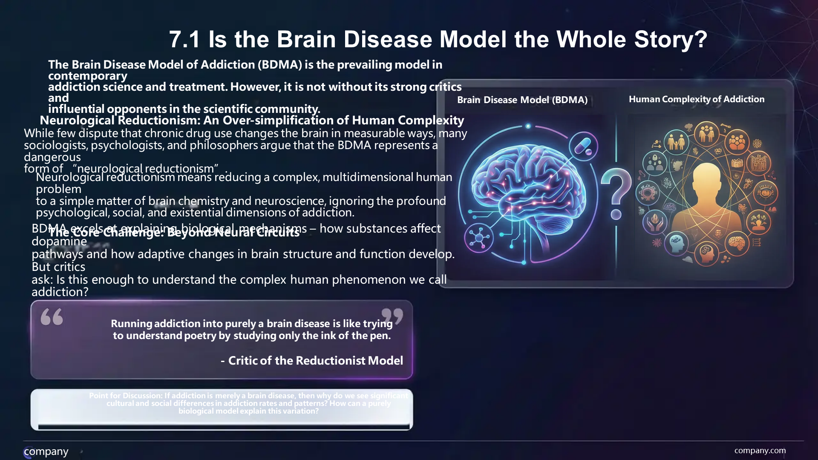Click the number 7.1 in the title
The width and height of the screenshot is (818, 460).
click(184, 39)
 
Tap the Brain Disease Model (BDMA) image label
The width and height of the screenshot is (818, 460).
click(522, 100)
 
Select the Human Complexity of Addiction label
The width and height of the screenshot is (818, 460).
click(696, 99)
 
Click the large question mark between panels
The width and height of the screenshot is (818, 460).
click(616, 193)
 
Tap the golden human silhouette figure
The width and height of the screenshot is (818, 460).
click(707, 200)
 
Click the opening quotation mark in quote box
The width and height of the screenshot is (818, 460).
click(52, 317)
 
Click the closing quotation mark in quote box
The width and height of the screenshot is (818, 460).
click(392, 316)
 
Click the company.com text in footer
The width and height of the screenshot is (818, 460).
click(760, 450)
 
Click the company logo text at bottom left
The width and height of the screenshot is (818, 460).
click(46, 451)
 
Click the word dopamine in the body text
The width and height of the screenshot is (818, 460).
click(59, 241)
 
